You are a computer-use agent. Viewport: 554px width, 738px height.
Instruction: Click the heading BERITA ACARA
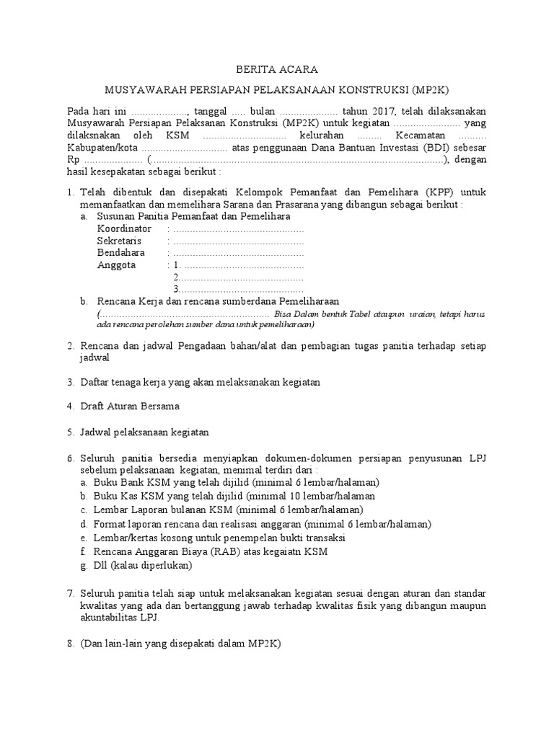[x=277, y=68]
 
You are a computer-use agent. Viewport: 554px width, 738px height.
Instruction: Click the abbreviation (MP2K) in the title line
[x=430, y=90]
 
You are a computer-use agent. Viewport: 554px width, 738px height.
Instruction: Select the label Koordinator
[x=124, y=228]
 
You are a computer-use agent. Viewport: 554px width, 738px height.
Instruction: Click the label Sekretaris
[x=119, y=241]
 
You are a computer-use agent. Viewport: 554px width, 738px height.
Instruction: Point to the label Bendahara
[x=121, y=253]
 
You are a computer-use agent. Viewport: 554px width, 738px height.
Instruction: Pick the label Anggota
[x=117, y=265]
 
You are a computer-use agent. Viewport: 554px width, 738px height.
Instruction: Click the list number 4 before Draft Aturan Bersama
[x=71, y=406]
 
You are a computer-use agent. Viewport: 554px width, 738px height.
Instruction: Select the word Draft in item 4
[x=93, y=406]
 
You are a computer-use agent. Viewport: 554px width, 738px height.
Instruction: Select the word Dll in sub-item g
[x=101, y=566]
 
